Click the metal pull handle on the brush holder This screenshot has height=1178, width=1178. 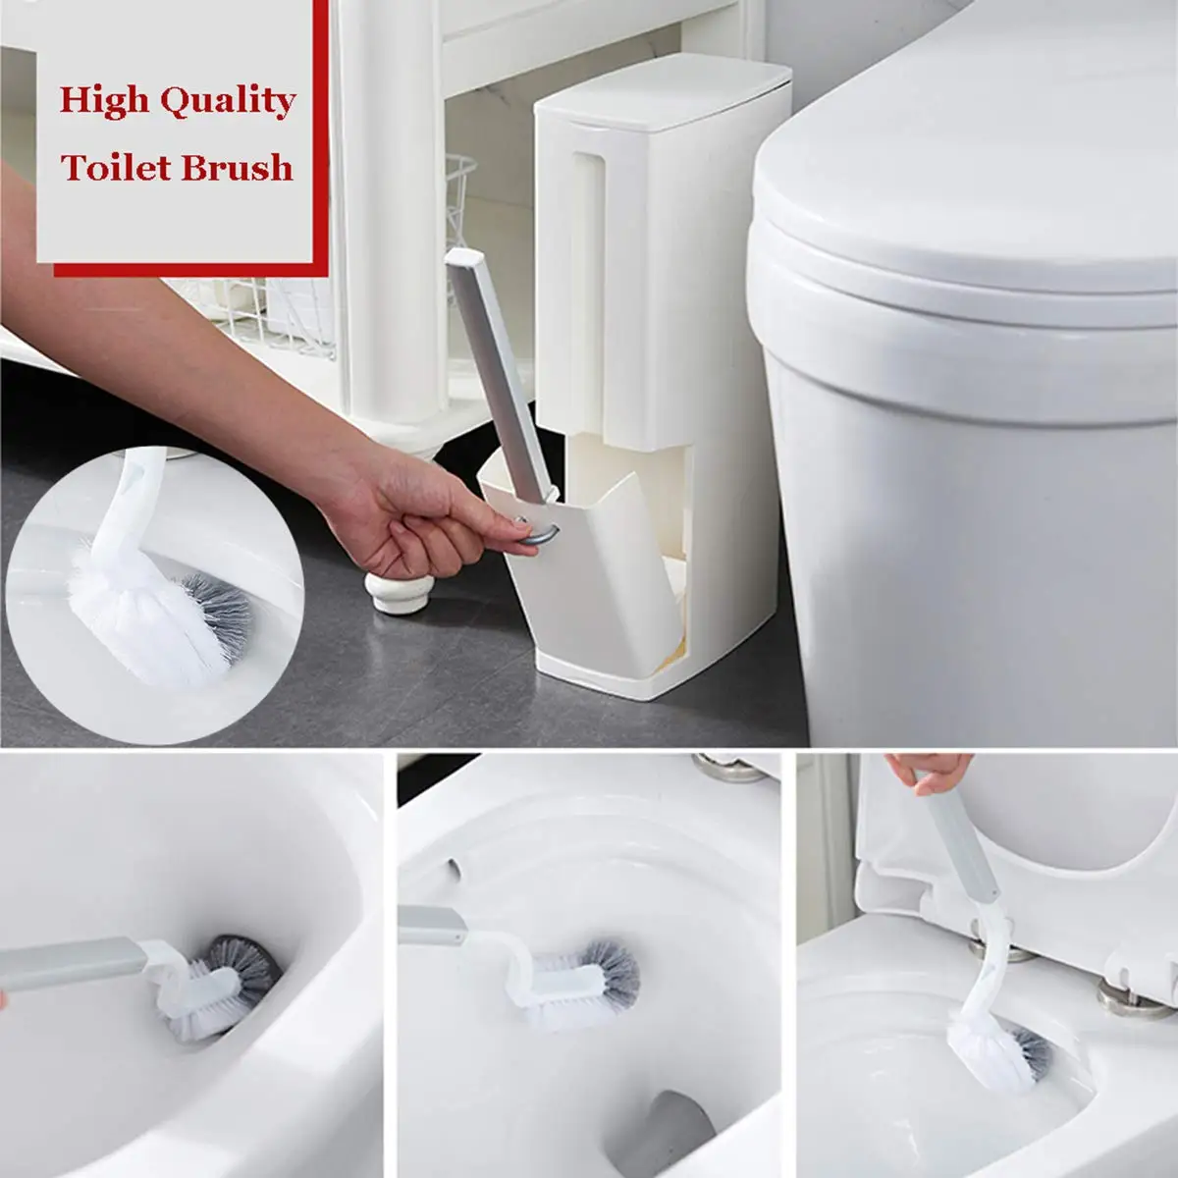539,531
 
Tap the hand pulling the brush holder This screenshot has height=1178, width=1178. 428,519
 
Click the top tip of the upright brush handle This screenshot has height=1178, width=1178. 464,257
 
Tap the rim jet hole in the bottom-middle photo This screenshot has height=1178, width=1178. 453,868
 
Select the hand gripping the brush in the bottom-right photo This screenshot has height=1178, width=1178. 930,773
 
